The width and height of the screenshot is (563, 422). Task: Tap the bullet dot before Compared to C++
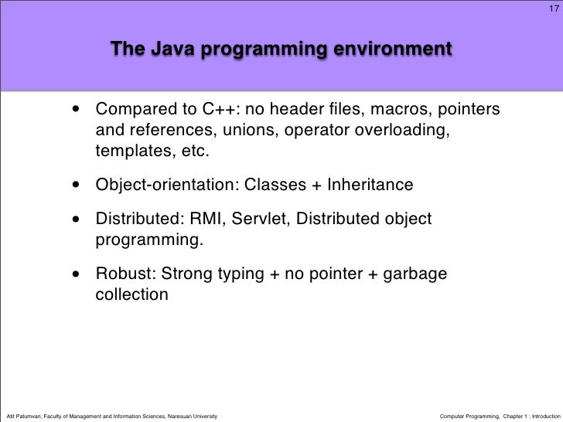point(77,109)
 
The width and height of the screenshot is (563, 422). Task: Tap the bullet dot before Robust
point(77,274)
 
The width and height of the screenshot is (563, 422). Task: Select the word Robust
point(120,274)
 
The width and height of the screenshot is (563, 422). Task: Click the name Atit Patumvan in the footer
point(27,415)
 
